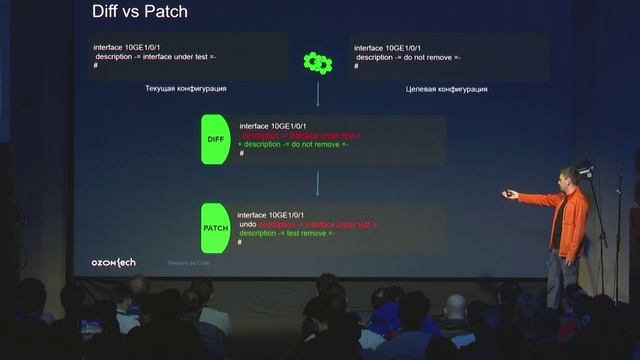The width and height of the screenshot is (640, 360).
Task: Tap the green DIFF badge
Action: click(x=215, y=139)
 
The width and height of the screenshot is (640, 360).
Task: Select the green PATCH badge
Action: click(x=215, y=228)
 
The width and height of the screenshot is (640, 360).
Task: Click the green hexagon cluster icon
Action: click(x=318, y=63)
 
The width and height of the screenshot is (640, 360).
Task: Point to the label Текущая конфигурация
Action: click(x=186, y=89)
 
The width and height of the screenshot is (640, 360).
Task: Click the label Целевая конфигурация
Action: click(x=446, y=89)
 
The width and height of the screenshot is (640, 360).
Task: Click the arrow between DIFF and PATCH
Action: click(x=318, y=183)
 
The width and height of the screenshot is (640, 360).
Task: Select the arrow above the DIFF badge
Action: click(x=318, y=95)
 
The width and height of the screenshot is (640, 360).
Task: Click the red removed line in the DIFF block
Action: click(x=301, y=135)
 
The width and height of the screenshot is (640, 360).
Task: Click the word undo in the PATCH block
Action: click(x=247, y=224)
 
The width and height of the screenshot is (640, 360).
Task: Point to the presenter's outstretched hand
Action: click(x=510, y=194)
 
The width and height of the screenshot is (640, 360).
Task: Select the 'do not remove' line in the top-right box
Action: click(x=408, y=57)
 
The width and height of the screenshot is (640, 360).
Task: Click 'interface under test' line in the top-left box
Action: click(x=155, y=57)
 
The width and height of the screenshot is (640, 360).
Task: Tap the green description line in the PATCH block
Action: click(x=286, y=233)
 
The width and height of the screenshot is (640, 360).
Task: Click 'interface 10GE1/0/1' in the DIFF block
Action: click(x=272, y=126)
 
